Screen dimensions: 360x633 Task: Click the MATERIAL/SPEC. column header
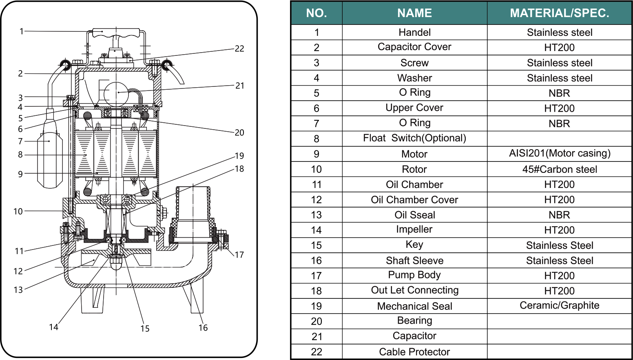coord(559,13)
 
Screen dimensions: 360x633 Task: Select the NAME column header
coord(414,13)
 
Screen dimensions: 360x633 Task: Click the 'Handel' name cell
coord(414,32)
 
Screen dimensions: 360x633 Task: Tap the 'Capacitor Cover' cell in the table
coord(414,47)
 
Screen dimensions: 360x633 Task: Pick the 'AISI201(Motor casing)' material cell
coord(559,153)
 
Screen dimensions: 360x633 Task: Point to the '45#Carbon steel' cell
coord(559,169)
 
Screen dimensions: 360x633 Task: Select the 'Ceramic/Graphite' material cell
coord(559,305)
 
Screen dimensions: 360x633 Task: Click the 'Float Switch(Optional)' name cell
coord(414,138)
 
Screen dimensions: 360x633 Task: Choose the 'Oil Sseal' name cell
coord(414,215)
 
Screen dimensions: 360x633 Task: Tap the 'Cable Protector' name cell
coord(414,352)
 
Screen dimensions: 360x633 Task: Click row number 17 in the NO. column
coord(316,276)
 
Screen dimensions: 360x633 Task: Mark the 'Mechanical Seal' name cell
coord(414,306)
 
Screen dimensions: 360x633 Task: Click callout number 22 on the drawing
coord(239,49)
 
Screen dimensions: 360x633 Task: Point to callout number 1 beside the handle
coord(22,31)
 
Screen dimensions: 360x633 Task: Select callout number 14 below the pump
coord(53,327)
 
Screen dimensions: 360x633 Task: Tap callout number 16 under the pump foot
coord(203,328)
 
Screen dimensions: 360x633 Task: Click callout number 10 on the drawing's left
coord(18,211)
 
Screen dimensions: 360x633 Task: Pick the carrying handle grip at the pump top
coord(116,32)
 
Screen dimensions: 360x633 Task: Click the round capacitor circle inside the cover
coord(116,93)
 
